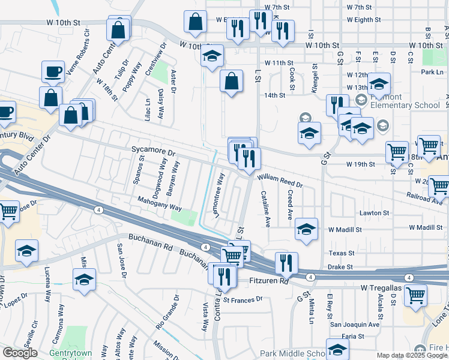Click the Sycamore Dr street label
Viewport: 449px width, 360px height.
click(x=153, y=152)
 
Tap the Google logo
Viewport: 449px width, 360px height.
click(x=20, y=353)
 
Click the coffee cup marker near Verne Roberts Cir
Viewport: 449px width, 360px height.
click(x=53, y=73)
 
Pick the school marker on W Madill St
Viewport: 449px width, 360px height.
click(x=306, y=229)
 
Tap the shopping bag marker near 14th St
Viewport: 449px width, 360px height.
click(x=231, y=81)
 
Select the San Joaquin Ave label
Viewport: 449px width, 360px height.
click(x=357, y=324)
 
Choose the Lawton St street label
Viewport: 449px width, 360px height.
click(x=375, y=213)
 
